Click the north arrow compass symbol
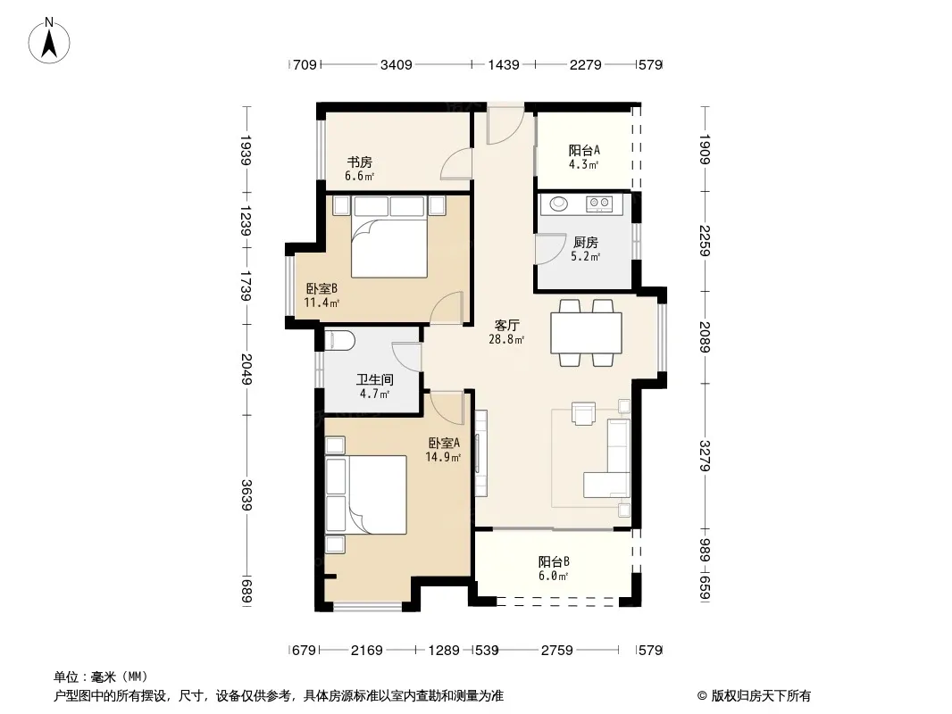tap(49, 41)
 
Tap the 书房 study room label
tap(359, 162)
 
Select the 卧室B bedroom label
tap(322, 288)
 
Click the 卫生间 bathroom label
tap(374, 379)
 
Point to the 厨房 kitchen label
tap(586, 243)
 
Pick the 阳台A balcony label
tap(584, 150)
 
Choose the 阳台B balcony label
tap(554, 561)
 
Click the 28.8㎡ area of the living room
tap(506, 340)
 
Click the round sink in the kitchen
tap(558, 203)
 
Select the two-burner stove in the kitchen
tap(599, 203)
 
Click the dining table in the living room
tap(586, 332)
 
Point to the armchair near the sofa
tap(583, 413)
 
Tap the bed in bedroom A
tap(366, 494)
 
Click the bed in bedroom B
tap(389, 237)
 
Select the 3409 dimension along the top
tap(396, 64)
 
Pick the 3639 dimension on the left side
tap(246, 494)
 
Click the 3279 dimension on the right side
tap(705, 455)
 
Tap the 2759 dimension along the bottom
tap(556, 651)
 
